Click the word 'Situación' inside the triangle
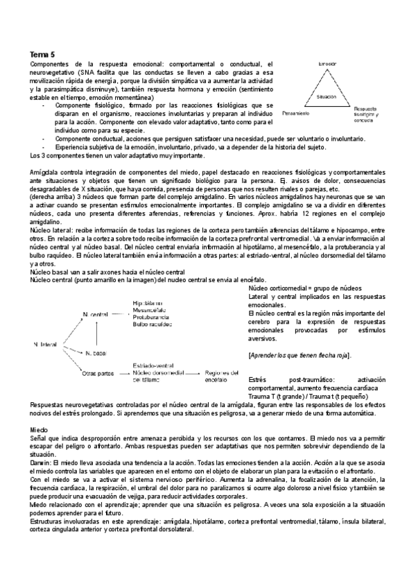[327, 97]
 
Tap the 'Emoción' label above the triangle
[327, 64]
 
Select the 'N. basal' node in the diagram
[95, 354]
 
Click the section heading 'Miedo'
[38, 430]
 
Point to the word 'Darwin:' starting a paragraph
[42, 462]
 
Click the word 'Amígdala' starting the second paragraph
[44, 171]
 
